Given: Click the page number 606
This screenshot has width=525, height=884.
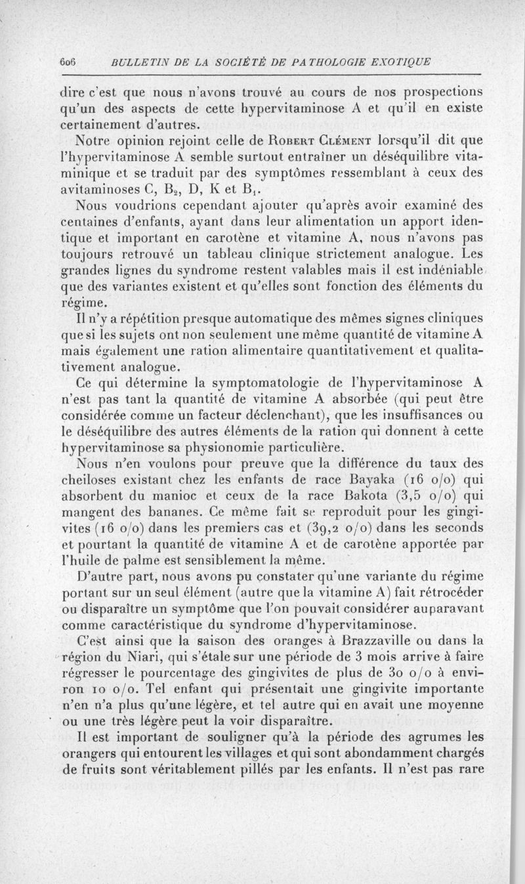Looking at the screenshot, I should (x=68, y=63).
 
